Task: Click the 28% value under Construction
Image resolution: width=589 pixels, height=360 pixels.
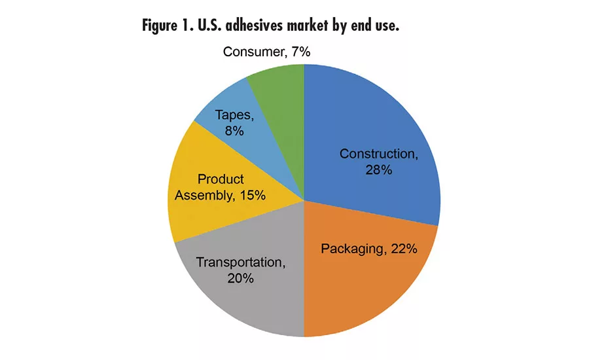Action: click(378, 170)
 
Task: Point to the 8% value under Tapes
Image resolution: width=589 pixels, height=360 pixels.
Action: click(234, 130)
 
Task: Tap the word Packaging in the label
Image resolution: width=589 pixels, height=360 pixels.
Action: click(351, 249)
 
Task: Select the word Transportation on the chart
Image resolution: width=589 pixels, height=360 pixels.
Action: click(240, 262)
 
